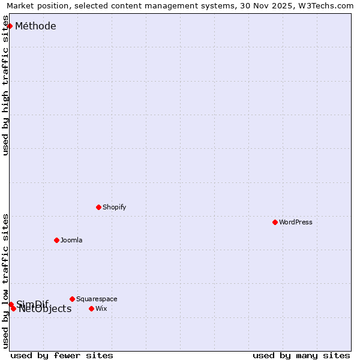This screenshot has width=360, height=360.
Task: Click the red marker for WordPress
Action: tap(275, 222)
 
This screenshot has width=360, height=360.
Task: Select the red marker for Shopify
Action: tap(98, 207)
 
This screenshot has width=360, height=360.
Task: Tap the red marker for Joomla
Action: tap(56, 240)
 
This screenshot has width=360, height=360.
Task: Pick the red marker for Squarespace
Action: tap(72, 299)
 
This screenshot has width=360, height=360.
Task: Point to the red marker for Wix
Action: tap(91, 308)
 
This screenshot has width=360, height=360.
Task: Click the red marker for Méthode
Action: tap(10, 26)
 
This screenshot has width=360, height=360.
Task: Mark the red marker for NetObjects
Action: tap(13, 308)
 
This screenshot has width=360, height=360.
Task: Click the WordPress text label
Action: tap(296, 222)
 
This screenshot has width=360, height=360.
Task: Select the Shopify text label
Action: tap(114, 207)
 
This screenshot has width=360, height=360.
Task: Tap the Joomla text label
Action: tap(71, 240)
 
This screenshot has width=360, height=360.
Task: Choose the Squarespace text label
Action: tap(97, 299)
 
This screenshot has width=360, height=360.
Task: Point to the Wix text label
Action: tap(101, 308)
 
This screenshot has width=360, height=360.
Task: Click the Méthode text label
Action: tap(35, 26)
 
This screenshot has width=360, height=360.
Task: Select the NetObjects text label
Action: tap(45, 309)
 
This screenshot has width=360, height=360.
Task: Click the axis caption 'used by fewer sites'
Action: tap(62, 355)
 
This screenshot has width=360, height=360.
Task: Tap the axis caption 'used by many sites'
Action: tap(301, 355)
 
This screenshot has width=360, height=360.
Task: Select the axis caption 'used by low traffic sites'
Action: tap(5, 281)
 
